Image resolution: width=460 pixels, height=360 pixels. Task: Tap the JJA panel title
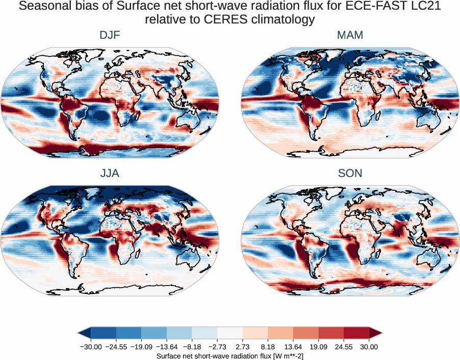tap(110, 173)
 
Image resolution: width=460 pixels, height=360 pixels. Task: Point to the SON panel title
tap(350, 173)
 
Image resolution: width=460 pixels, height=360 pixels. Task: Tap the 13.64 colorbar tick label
tap(293, 347)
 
